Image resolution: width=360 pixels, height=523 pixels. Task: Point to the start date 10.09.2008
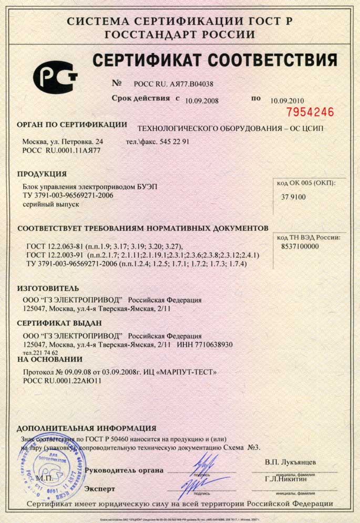[x=202, y=99]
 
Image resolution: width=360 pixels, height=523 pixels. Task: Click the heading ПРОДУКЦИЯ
[x=42, y=174]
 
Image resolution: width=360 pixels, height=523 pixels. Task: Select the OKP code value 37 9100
[x=294, y=197]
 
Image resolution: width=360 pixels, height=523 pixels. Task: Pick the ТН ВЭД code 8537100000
[x=300, y=246]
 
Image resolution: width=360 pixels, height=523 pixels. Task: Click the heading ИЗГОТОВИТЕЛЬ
[x=48, y=289]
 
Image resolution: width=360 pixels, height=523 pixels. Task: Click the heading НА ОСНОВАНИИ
[x=50, y=360]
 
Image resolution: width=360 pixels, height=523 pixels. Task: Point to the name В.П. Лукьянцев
[x=291, y=462]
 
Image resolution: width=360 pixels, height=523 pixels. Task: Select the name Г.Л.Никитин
[x=286, y=479]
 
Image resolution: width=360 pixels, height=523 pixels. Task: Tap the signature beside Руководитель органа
[x=201, y=466]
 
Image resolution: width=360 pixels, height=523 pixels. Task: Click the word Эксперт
[x=100, y=489]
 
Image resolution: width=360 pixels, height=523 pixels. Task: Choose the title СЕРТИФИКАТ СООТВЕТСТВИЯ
[x=215, y=60]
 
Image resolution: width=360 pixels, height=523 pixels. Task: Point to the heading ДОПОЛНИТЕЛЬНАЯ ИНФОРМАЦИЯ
[x=87, y=428]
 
